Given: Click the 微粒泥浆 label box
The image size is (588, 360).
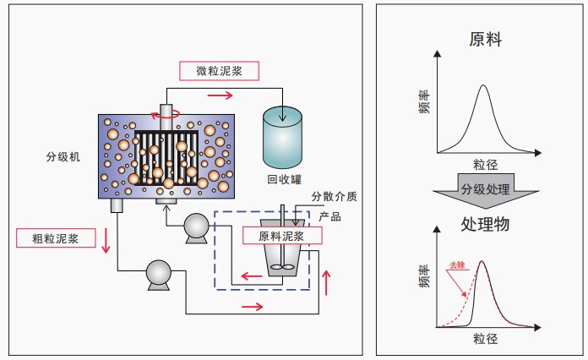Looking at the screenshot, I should [215, 71].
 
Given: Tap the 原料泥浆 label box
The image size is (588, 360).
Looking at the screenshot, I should [277, 236].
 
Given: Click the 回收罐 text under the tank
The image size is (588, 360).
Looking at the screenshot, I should [284, 179].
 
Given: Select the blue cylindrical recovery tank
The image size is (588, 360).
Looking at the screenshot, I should [283, 135].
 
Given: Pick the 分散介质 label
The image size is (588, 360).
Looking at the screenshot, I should [334, 197].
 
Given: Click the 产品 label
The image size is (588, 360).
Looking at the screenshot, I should [329, 217].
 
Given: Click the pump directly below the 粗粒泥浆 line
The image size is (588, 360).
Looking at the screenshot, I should [158, 272].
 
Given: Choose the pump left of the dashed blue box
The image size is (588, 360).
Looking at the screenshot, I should [197, 226].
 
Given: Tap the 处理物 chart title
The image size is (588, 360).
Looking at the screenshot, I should [482, 225].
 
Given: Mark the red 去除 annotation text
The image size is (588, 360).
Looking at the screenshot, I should [458, 264].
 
